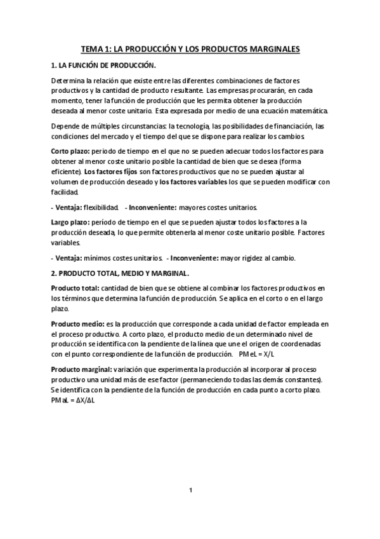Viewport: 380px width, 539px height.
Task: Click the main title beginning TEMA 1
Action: [190, 48]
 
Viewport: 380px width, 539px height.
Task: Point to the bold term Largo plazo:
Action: [70, 222]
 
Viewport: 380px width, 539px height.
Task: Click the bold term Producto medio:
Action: [75, 324]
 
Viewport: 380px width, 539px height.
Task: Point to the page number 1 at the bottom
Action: [190, 490]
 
